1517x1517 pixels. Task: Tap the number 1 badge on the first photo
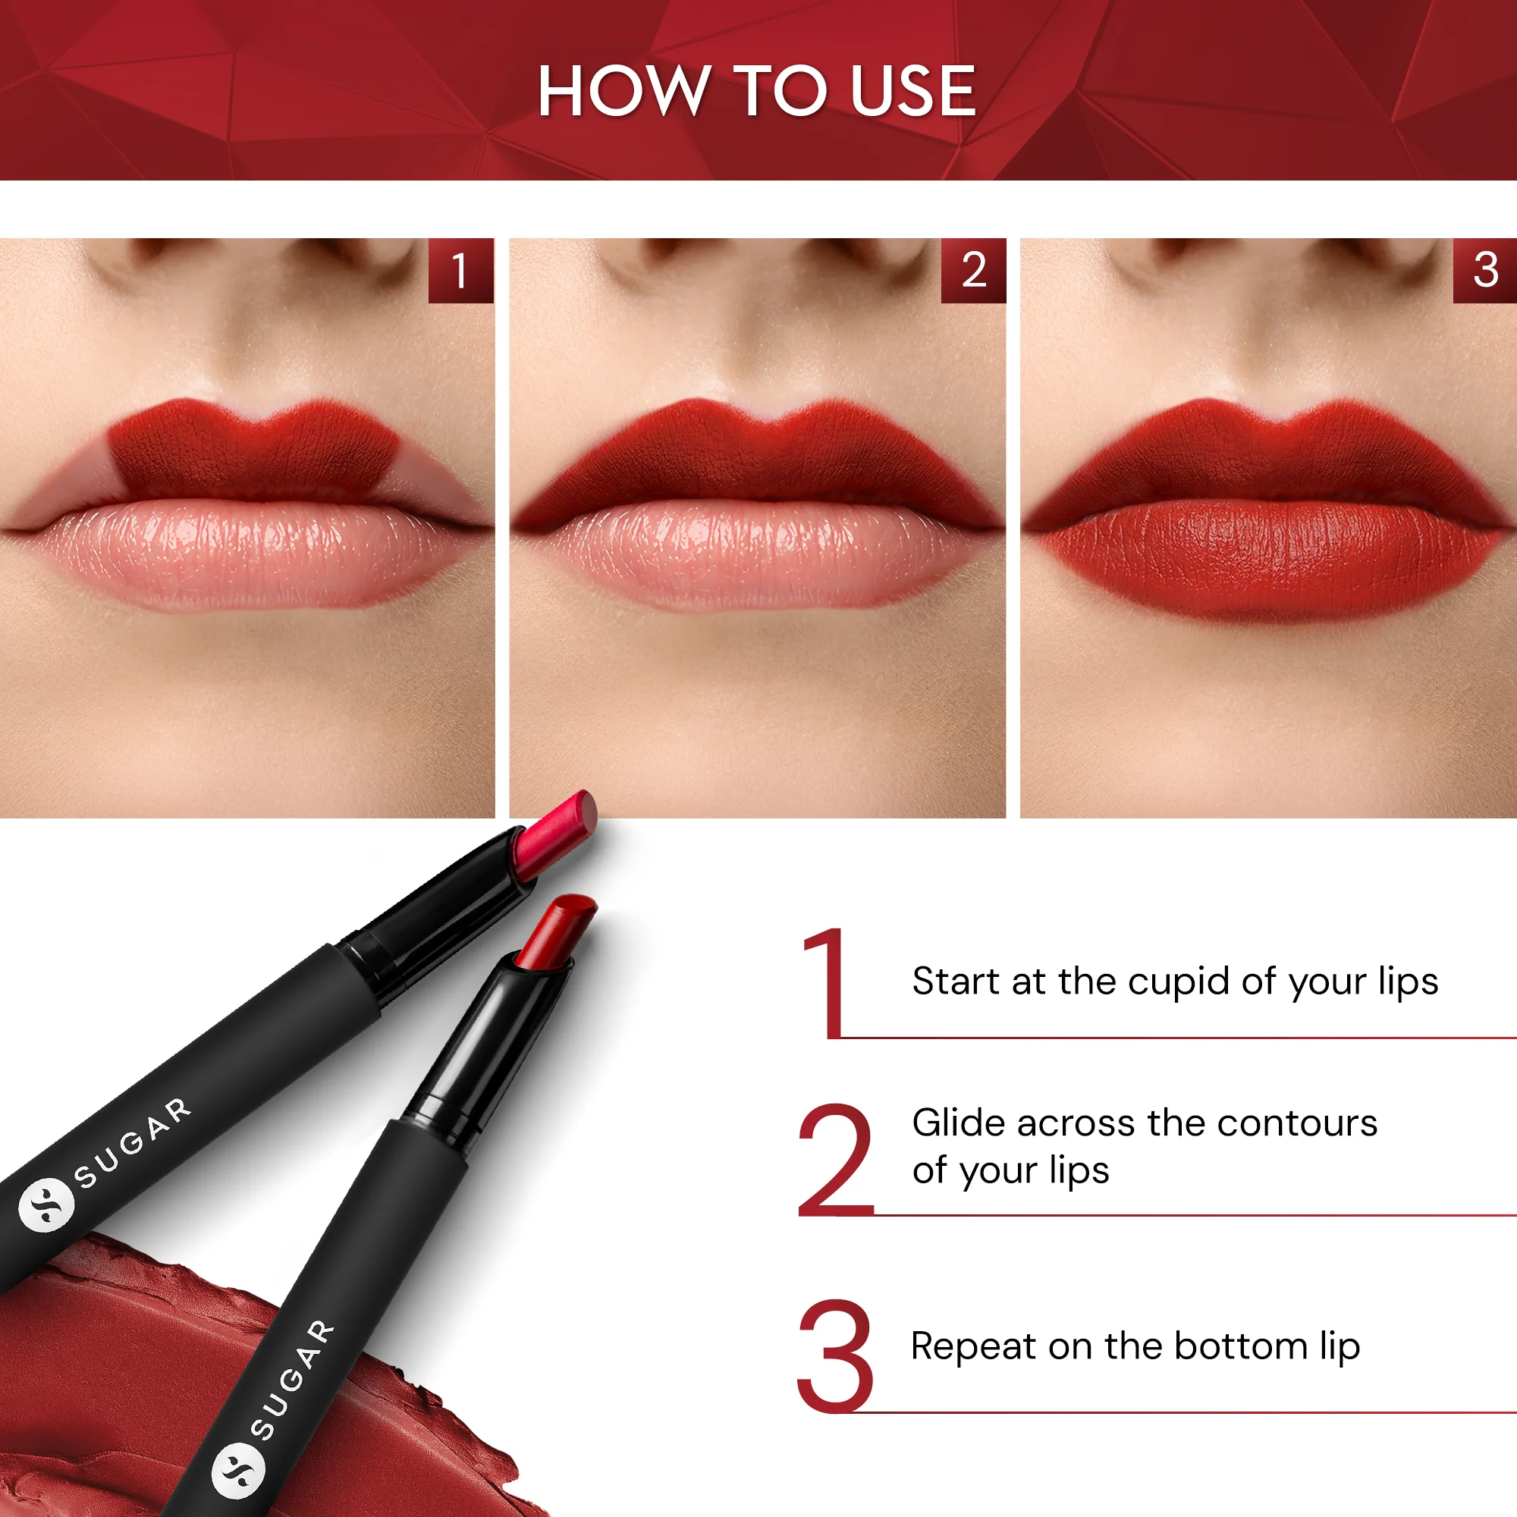pos(460,270)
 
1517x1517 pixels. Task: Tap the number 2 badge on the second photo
pos(973,270)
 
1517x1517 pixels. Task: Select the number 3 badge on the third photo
pos(1484,270)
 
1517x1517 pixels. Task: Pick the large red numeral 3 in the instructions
pos(834,1356)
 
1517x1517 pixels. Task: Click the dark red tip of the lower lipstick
pos(557,931)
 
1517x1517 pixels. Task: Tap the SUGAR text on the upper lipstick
pos(132,1143)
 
